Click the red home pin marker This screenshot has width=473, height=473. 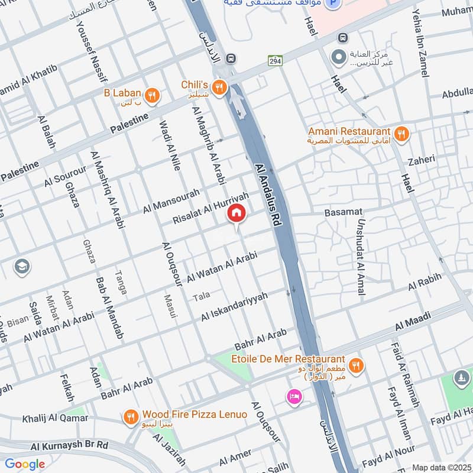(237, 213)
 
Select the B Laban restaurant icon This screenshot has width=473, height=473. (152, 95)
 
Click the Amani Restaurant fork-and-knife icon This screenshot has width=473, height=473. (401, 134)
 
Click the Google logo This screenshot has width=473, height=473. (25, 464)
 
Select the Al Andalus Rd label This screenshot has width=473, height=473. (268, 192)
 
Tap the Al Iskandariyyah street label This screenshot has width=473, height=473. (234, 307)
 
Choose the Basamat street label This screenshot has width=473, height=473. (343, 212)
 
